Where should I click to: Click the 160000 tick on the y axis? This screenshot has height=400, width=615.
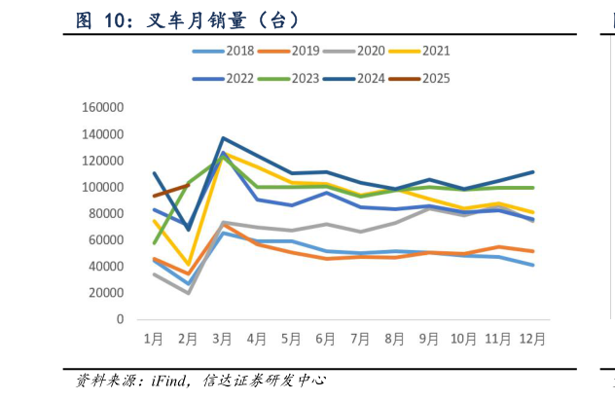click(106, 108)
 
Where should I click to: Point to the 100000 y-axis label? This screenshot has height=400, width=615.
click(106, 187)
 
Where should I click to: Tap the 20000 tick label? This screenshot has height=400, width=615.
click(109, 293)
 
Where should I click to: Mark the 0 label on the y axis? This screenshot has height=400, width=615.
click(121, 319)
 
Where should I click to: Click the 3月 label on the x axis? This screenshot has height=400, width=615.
click(223, 340)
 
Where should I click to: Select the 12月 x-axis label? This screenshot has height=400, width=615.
click(532, 340)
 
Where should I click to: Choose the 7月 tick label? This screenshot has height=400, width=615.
click(360, 340)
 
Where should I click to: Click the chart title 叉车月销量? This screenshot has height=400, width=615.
click(186, 20)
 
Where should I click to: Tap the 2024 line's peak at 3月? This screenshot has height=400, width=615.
click(223, 138)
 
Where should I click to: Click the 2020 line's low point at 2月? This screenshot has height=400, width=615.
click(188, 293)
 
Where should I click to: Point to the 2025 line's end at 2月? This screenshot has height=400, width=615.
click(188, 184)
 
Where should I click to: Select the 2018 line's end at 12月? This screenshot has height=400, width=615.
click(532, 265)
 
